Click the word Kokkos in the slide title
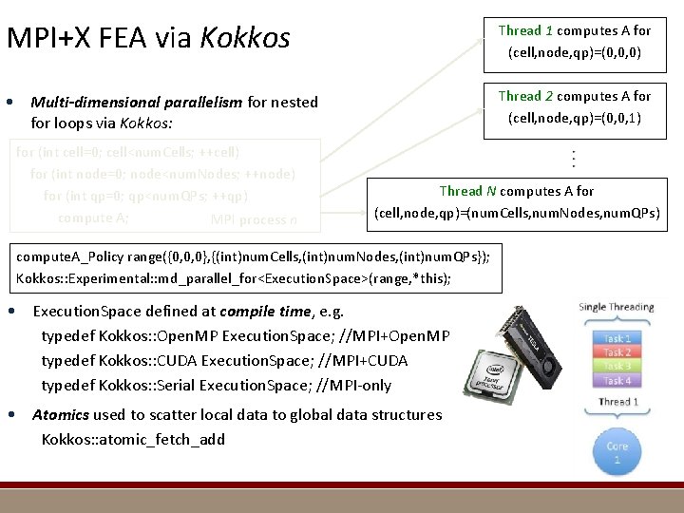254,38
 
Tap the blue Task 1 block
617,338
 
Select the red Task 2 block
617,352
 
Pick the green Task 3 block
617,366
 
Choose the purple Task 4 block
617,380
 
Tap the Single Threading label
617,307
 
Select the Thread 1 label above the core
617,402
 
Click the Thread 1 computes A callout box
575,41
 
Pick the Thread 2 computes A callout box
575,106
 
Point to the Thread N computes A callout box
517,202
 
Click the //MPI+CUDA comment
360,361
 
